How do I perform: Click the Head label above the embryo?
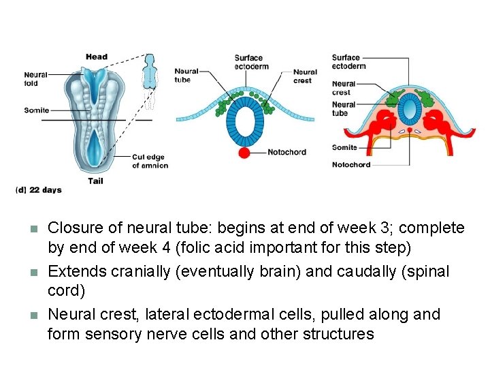[96, 57]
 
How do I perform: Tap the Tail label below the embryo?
[96, 181]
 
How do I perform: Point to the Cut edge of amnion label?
[150, 162]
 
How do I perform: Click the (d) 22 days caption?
[38, 190]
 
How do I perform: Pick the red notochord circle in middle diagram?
[244, 153]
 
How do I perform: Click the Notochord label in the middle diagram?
[287, 153]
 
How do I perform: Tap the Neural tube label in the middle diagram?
[186, 76]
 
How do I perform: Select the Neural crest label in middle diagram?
[305, 76]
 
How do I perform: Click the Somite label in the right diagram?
[344, 147]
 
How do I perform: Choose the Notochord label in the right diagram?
[351, 164]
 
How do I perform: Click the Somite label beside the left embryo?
[36, 110]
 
